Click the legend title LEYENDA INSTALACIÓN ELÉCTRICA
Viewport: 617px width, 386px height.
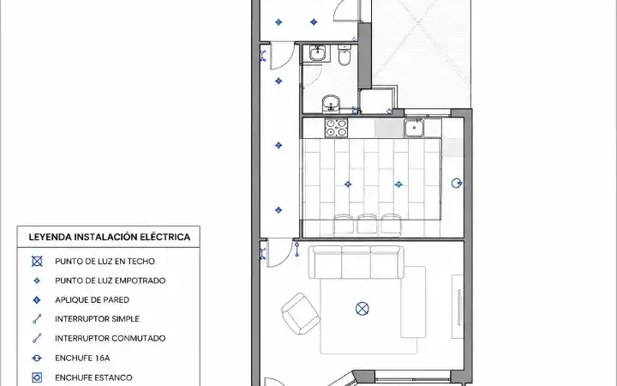(110, 237)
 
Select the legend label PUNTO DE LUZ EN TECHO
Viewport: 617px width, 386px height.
(105, 261)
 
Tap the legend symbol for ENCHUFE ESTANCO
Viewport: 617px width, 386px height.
(37, 377)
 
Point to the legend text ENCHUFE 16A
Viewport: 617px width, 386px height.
(82, 358)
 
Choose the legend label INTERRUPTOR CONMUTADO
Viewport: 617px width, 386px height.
(111, 338)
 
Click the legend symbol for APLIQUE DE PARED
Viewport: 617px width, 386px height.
(37, 300)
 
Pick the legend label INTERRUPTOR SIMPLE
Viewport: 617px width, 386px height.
(97, 319)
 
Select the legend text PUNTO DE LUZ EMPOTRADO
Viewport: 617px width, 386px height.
(111, 280)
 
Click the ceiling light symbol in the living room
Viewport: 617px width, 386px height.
(362, 309)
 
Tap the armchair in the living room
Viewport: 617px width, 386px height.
(301, 313)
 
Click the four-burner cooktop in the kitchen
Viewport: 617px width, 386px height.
(336, 128)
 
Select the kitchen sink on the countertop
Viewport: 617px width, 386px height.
(414, 128)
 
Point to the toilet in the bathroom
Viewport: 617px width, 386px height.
(344, 55)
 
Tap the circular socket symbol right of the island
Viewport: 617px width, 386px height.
(457, 184)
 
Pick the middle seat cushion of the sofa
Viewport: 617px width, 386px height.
(356, 262)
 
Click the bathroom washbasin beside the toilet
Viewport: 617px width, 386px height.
(317, 53)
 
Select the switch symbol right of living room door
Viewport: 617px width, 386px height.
(297, 250)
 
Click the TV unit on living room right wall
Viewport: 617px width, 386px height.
(458, 306)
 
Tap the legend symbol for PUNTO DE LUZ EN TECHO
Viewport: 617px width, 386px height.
(37, 261)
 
